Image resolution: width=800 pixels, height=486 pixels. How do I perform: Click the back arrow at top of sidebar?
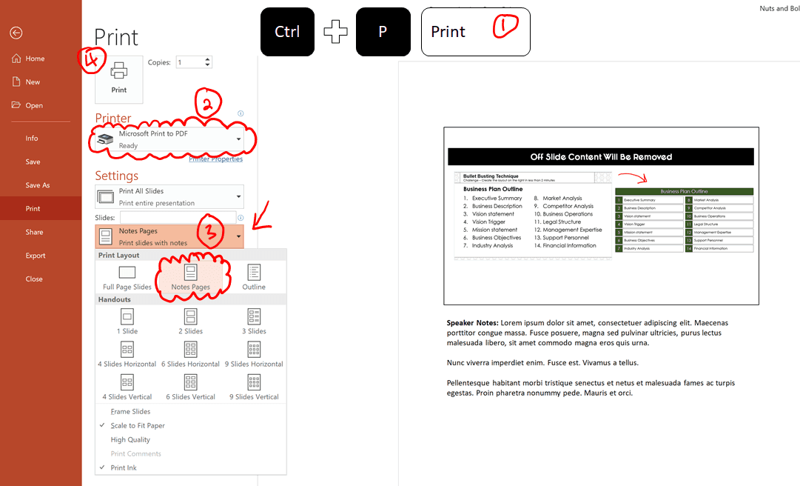pyautogui.click(x=16, y=33)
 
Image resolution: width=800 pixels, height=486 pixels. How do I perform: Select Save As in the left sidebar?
pyautogui.click(x=38, y=185)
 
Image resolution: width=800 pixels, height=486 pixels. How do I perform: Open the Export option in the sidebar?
pyautogui.click(x=36, y=256)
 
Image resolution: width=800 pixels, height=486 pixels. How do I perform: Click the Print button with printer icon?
pyautogui.click(x=118, y=77)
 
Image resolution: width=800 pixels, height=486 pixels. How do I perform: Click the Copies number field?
pyautogui.click(x=189, y=62)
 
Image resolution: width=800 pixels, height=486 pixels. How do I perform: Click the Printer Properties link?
pyautogui.click(x=215, y=159)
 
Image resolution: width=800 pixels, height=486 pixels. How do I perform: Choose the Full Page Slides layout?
pyautogui.click(x=127, y=278)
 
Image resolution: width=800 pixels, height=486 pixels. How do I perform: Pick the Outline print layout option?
pyautogui.click(x=254, y=278)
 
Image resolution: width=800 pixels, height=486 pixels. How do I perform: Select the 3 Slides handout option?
pyautogui.click(x=254, y=322)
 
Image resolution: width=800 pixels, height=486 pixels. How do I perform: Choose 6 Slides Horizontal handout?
pyautogui.click(x=190, y=355)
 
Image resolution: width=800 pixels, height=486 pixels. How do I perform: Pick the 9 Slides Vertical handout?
pyautogui.click(x=254, y=387)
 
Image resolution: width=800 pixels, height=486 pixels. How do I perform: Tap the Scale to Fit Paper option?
pyautogui.click(x=138, y=426)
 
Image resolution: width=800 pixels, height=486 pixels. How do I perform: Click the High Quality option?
pyautogui.click(x=130, y=440)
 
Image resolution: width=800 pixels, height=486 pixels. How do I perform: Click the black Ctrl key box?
pyautogui.click(x=287, y=32)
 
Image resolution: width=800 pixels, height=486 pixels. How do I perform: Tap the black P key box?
pyautogui.click(x=383, y=32)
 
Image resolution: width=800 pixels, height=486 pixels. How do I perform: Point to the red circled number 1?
pyautogui.click(x=506, y=27)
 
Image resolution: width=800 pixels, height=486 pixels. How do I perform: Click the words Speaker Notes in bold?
pyautogui.click(x=472, y=323)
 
